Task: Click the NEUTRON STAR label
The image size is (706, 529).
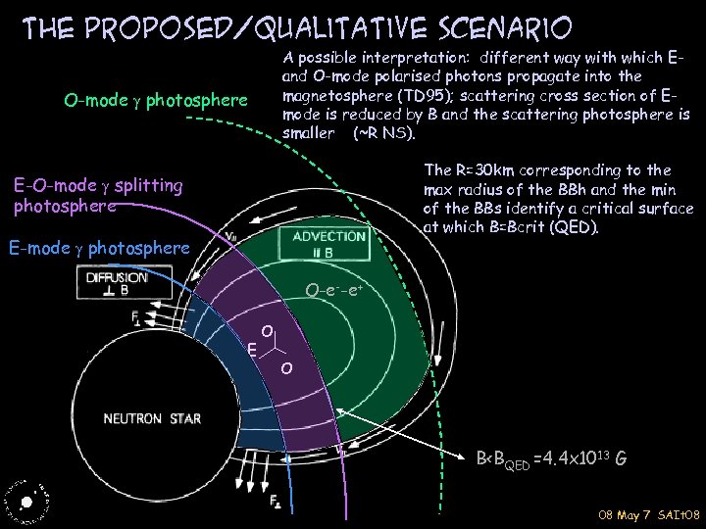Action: (153, 419)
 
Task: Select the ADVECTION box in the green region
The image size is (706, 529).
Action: (323, 244)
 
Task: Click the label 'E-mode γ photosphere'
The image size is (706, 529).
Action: (97, 249)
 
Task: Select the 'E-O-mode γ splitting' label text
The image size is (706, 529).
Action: (98, 184)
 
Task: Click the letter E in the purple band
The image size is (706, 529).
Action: (252, 348)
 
